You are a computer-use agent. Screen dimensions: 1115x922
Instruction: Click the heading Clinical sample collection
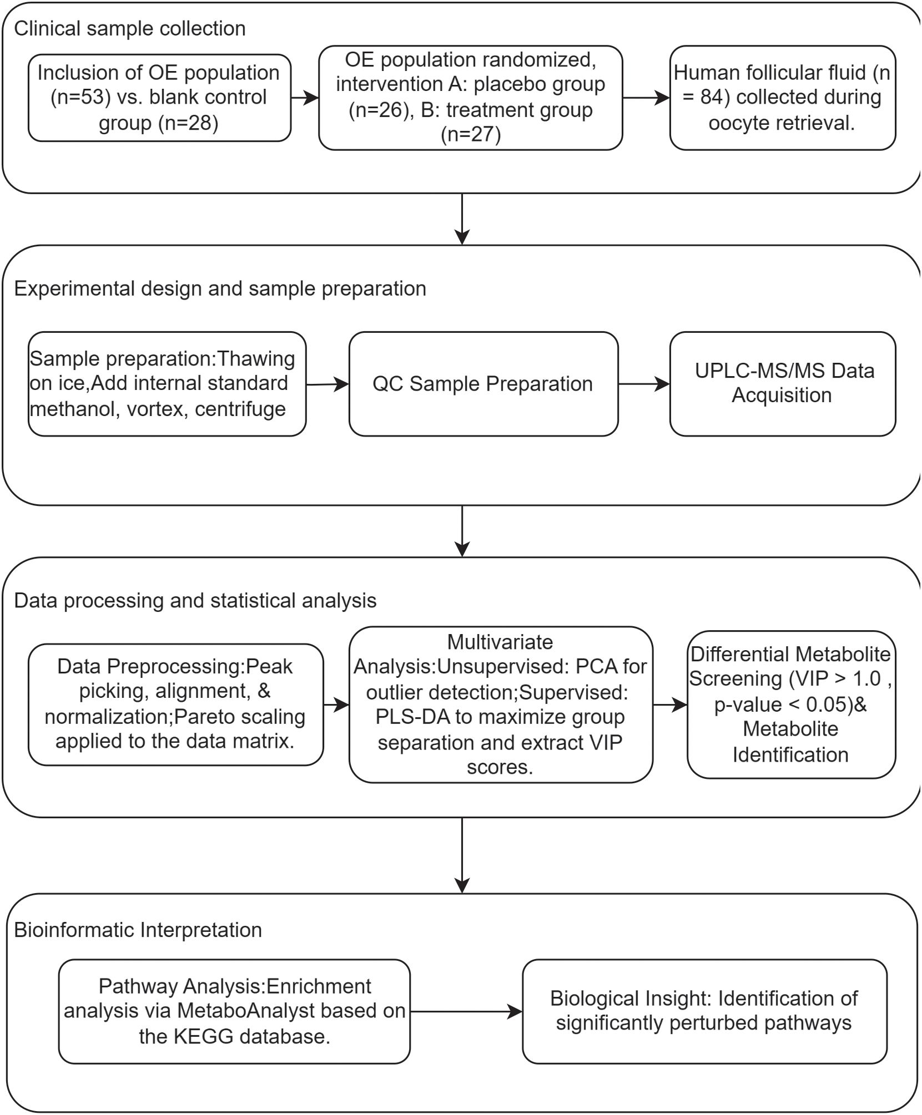pos(129,28)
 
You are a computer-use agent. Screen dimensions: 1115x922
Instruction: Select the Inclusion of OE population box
pos(159,98)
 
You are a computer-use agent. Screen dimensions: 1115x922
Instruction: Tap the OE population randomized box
pos(470,98)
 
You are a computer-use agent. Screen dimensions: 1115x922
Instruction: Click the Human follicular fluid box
pos(782,98)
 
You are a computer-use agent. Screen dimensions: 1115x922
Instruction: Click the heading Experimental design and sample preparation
pos(220,288)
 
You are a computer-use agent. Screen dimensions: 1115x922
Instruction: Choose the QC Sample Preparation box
pos(482,384)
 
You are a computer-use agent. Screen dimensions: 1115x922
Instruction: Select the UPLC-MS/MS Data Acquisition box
pos(782,383)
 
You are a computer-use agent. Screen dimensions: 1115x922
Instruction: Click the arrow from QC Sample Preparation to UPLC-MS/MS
pos(643,384)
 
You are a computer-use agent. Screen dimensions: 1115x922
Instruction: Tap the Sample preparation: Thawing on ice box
pos(167,384)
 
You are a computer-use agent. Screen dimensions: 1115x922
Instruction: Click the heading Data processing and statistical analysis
pos(195,600)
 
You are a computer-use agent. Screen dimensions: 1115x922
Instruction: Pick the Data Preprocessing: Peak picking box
pos(175,704)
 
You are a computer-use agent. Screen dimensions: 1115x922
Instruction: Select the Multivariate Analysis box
pos(500,705)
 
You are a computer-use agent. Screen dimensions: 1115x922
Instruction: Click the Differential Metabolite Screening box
pos(790,704)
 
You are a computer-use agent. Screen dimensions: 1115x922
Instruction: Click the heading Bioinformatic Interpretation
pos(138,930)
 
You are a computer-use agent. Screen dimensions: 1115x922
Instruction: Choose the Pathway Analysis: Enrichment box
pos(234,1011)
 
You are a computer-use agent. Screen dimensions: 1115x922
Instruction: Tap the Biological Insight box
pos(704,1011)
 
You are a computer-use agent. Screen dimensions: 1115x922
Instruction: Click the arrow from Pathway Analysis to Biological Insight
pos(466,1011)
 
